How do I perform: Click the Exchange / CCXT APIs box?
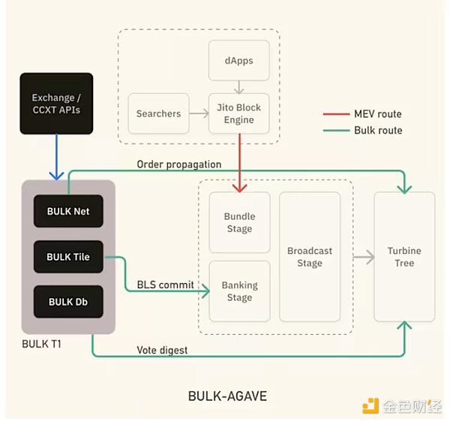click(57, 104)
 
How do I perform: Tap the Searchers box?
click(158, 113)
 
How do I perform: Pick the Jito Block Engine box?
click(238, 113)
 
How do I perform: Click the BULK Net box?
click(68, 211)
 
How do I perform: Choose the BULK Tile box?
click(68, 257)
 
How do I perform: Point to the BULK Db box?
click(68, 302)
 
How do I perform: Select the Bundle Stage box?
click(239, 223)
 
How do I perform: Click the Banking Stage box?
click(239, 291)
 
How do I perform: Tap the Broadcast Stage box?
click(309, 257)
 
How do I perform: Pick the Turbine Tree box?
click(404, 257)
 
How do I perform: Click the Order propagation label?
click(178, 164)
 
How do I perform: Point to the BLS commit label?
click(165, 285)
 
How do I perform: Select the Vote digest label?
click(163, 350)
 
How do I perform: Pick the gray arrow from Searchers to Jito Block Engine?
click(197, 113)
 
